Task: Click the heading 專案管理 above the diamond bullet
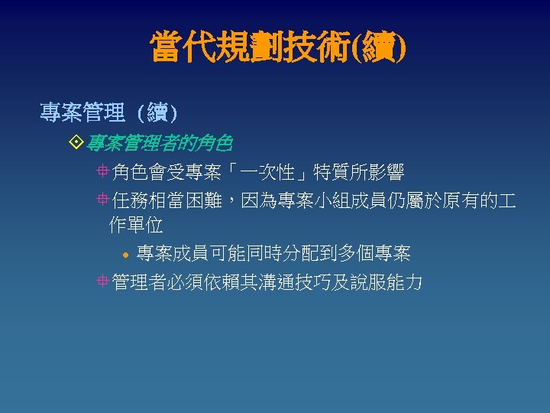(82, 114)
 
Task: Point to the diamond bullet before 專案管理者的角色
(75, 143)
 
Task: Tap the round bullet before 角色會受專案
(102, 172)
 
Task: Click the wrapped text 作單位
(136, 226)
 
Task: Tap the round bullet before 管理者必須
(102, 282)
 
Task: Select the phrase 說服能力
(388, 282)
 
